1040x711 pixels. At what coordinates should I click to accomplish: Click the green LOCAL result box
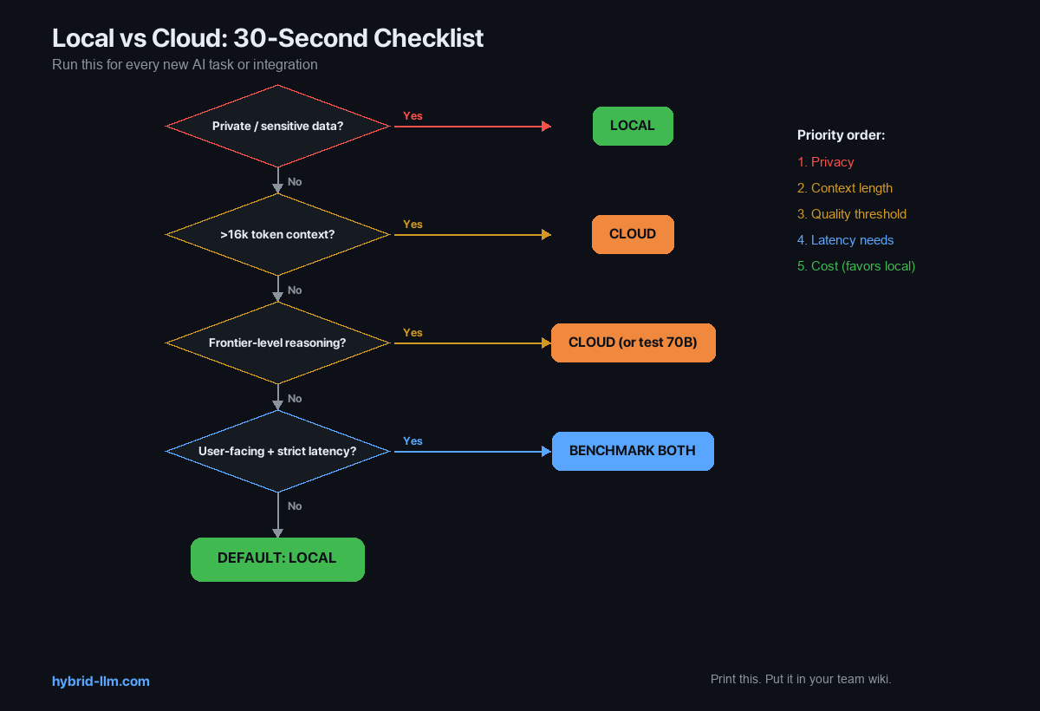coord(633,126)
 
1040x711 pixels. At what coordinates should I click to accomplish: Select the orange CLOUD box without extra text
coord(633,234)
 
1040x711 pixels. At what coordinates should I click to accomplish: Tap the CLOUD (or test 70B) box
coord(633,342)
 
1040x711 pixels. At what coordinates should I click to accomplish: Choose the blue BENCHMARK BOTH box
coord(633,451)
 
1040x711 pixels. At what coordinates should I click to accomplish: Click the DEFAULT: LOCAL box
coord(277,558)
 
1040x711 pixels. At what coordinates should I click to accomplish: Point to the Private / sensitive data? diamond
coord(277,127)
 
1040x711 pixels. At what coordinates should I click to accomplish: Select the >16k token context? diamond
coord(277,235)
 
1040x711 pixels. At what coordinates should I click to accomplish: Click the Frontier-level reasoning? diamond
coord(277,343)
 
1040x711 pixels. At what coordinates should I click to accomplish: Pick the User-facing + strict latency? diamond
coord(277,452)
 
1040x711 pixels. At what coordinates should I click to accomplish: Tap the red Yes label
coord(413,116)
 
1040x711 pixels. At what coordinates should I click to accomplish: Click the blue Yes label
coord(413,441)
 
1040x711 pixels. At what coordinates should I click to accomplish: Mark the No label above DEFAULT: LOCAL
coord(295,506)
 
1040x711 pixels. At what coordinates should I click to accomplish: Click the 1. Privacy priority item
coord(826,162)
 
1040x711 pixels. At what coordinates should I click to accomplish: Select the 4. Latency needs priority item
coord(845,240)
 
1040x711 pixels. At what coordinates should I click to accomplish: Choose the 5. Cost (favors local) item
coord(856,266)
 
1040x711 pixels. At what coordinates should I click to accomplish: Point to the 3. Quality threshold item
coord(852,214)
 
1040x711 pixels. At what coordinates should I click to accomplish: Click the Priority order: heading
coord(841,135)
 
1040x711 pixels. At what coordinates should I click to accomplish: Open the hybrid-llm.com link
coord(101,682)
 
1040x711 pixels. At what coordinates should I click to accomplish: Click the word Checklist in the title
coord(430,39)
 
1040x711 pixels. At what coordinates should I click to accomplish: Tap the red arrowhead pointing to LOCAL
coord(546,127)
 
